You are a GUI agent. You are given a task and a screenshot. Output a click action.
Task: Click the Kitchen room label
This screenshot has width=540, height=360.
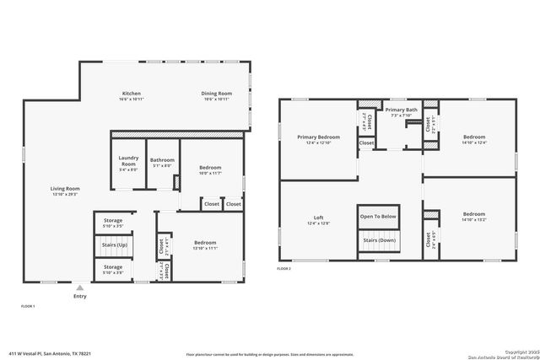tap(131, 93)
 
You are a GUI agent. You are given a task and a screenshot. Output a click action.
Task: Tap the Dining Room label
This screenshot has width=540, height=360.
tap(217, 93)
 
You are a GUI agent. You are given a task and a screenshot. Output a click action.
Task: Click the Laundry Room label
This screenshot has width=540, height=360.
tap(128, 159)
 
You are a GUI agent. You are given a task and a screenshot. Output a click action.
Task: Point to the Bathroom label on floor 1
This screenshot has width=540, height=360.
tap(162, 159)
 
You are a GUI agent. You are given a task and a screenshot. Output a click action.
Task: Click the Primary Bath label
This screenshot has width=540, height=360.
tap(402, 110)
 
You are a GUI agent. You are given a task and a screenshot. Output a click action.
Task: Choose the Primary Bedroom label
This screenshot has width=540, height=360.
tap(318, 136)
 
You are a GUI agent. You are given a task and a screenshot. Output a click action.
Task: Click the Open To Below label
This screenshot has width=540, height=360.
tap(378, 216)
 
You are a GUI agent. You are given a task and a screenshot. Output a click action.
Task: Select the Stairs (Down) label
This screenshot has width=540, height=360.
tap(378, 239)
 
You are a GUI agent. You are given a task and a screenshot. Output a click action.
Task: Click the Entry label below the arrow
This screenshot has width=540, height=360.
tap(79, 296)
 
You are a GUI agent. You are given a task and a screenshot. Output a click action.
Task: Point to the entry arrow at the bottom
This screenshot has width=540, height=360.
tap(79, 287)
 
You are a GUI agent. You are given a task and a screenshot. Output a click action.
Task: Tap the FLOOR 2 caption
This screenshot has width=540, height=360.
tap(284, 268)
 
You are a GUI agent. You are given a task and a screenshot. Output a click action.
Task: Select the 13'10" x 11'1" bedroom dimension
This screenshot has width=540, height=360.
tap(206, 249)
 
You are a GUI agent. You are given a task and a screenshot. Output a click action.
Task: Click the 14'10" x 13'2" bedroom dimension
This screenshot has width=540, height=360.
tap(474, 219)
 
